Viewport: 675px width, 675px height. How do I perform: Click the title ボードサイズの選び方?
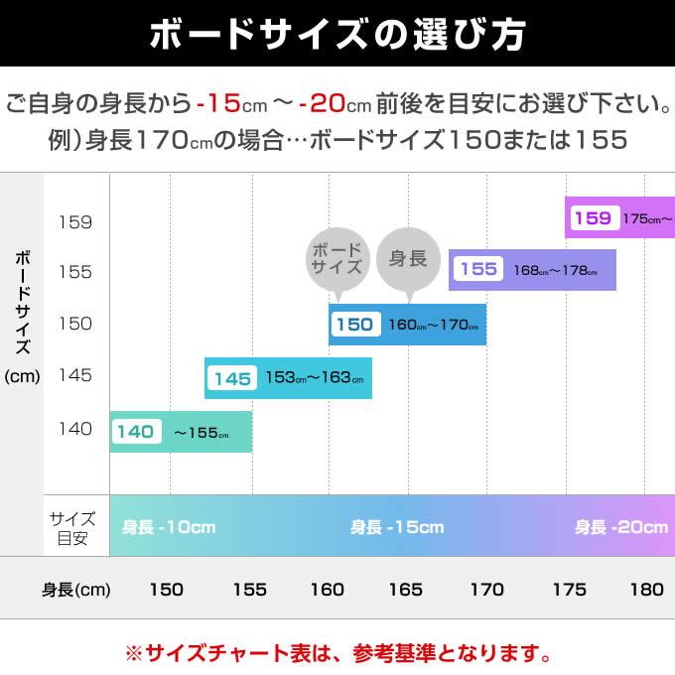(337, 34)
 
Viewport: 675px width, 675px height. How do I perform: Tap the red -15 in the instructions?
(220, 102)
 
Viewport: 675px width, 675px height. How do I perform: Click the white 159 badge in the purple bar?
(593, 218)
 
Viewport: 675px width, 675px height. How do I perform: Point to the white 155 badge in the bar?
(478, 269)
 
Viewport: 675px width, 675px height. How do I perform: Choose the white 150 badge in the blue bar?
(354, 325)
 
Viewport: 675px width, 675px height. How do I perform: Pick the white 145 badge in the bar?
(232, 378)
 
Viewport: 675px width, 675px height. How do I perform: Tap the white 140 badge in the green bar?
(135, 432)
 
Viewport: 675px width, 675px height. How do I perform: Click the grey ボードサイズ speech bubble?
(337, 260)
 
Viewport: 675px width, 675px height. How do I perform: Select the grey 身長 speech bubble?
(408, 260)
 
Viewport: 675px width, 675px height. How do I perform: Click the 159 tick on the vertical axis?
(75, 221)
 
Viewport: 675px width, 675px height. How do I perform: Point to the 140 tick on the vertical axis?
(75, 429)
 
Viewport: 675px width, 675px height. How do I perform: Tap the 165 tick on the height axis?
(405, 590)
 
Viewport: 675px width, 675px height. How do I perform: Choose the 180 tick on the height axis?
(646, 590)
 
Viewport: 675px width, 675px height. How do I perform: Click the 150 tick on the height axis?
(166, 590)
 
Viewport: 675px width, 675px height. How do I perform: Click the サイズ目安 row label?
(73, 528)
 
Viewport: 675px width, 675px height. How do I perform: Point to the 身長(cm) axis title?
(75, 590)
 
